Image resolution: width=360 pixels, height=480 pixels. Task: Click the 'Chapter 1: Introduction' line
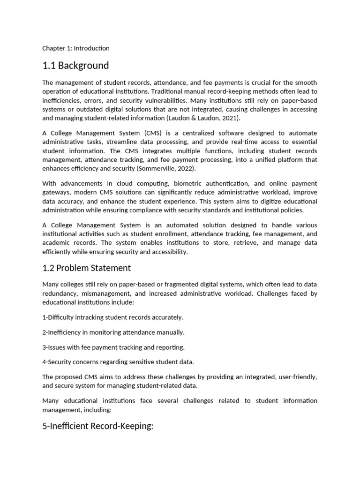pyautogui.click(x=75, y=48)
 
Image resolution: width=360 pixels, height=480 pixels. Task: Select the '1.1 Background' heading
pyautogui.click(x=75, y=65)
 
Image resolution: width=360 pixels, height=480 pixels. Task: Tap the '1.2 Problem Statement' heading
pyautogui.click(x=86, y=268)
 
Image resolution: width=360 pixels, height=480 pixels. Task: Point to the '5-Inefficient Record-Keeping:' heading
pyautogui.click(x=97, y=427)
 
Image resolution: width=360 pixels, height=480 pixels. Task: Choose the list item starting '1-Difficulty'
pyautogui.click(x=112, y=317)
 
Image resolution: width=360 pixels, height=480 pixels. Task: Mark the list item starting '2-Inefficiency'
pyautogui.click(x=113, y=332)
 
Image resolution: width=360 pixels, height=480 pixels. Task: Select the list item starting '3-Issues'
pyautogui.click(x=113, y=347)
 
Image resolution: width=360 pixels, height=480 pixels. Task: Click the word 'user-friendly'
pyautogui.click(x=297, y=377)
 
